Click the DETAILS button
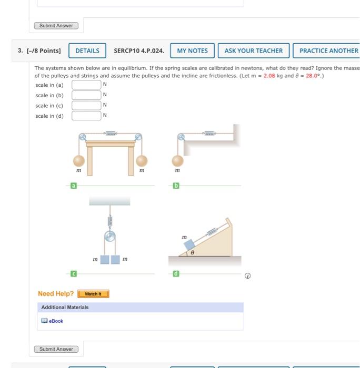(x=87, y=51)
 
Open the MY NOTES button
(x=192, y=51)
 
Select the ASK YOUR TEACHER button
(x=253, y=51)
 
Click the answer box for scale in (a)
(x=86, y=85)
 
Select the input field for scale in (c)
(x=86, y=105)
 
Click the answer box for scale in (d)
(x=86, y=116)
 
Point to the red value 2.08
(x=269, y=76)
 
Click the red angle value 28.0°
(x=311, y=76)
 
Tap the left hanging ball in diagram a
(x=78, y=160)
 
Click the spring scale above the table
(x=111, y=134)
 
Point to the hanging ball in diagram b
(x=178, y=160)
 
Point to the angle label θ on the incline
(x=192, y=253)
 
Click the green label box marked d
(x=176, y=274)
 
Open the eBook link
(x=56, y=321)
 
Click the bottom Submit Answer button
(x=56, y=349)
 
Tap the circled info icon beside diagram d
(x=248, y=275)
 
